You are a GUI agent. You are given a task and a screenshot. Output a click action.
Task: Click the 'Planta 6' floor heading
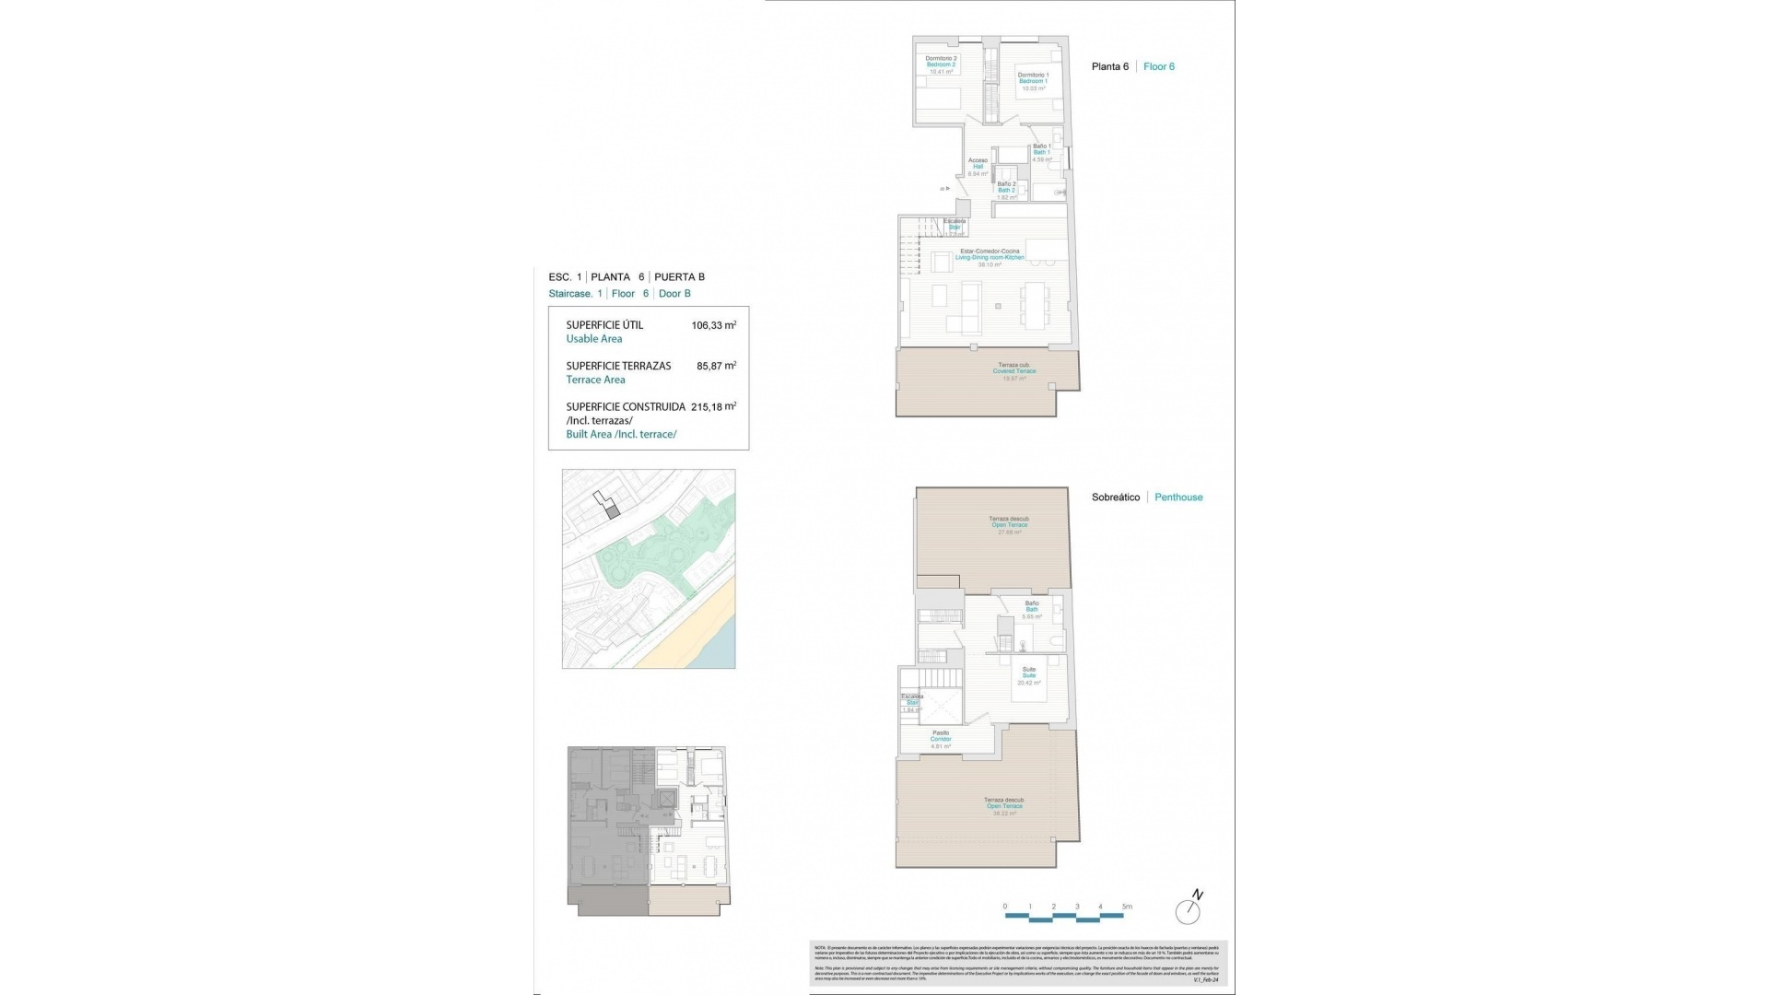point(1109,66)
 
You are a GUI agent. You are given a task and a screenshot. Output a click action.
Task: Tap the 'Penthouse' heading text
point(1178,497)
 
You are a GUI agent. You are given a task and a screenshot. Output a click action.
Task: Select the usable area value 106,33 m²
point(713,325)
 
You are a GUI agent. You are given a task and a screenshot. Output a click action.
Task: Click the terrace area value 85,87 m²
point(716,366)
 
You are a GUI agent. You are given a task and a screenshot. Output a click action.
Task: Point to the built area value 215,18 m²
point(713,406)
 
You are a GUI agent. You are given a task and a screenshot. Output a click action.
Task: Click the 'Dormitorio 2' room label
point(941,59)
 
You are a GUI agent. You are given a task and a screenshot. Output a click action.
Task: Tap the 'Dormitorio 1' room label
point(1032,76)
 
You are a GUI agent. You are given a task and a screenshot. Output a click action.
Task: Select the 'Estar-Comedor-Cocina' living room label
point(990,252)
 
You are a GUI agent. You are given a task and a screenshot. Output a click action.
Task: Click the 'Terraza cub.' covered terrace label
point(1013,366)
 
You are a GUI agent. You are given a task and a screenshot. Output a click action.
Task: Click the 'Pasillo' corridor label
point(940,733)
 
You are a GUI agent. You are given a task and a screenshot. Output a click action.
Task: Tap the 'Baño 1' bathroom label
point(1041,146)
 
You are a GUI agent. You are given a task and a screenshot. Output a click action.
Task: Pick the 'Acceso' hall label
point(978,161)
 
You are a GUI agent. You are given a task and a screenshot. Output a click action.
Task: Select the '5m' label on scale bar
point(1126,907)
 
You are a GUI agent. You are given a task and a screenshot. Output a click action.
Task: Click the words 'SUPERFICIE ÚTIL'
point(604,325)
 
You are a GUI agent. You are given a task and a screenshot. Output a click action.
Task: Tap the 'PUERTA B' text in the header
point(679,276)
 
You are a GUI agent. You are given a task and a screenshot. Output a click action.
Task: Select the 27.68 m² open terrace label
point(1009,532)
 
